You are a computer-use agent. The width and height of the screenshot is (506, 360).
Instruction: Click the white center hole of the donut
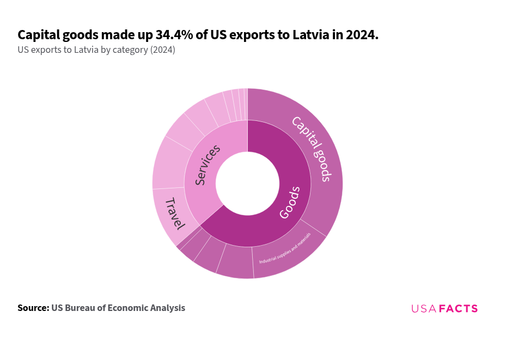click(x=247, y=183)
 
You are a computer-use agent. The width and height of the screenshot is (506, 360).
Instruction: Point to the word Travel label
click(x=175, y=213)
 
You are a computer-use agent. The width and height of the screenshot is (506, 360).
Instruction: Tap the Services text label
click(x=208, y=164)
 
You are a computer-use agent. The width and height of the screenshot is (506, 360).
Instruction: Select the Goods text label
click(x=290, y=203)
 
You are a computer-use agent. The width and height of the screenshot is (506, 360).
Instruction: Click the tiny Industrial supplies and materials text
click(x=285, y=248)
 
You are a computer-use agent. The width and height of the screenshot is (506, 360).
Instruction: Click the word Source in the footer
click(x=33, y=308)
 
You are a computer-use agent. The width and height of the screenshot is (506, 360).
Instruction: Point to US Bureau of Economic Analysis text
click(x=118, y=308)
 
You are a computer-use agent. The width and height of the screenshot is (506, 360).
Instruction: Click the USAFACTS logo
click(x=444, y=309)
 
